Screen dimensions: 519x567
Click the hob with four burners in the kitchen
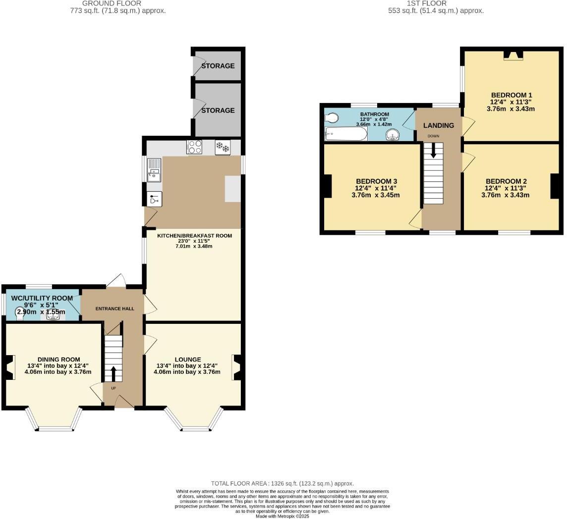194,147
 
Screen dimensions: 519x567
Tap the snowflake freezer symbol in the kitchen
223,147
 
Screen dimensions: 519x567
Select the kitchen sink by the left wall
154,169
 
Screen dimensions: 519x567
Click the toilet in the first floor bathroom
332,118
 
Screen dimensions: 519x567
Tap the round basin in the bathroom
393,135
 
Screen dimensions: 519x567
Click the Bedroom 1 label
511,95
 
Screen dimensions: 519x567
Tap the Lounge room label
187,360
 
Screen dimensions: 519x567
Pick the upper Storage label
218,66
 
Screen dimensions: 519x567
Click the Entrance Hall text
114,309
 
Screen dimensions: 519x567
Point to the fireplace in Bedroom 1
513,55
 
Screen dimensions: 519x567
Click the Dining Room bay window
55,420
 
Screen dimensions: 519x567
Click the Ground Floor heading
118,3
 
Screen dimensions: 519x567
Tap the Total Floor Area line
283,483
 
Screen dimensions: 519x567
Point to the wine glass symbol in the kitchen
154,199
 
